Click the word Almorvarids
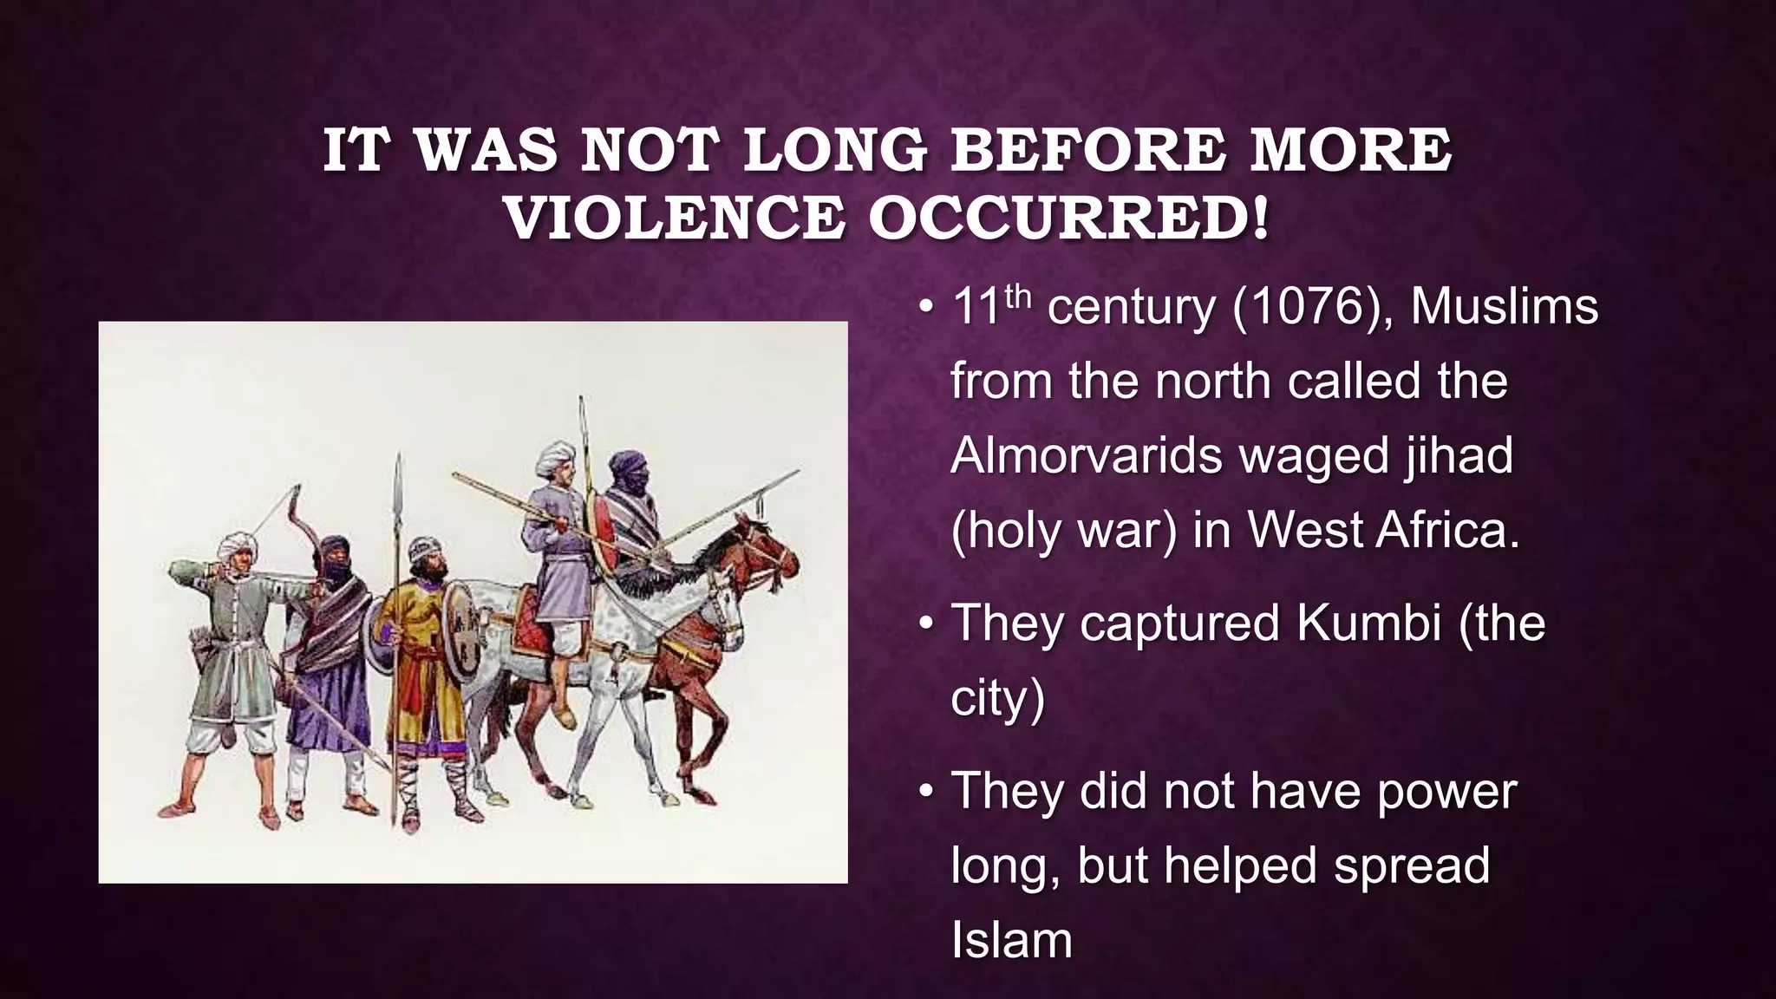point(1089,455)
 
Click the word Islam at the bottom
point(1011,940)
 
